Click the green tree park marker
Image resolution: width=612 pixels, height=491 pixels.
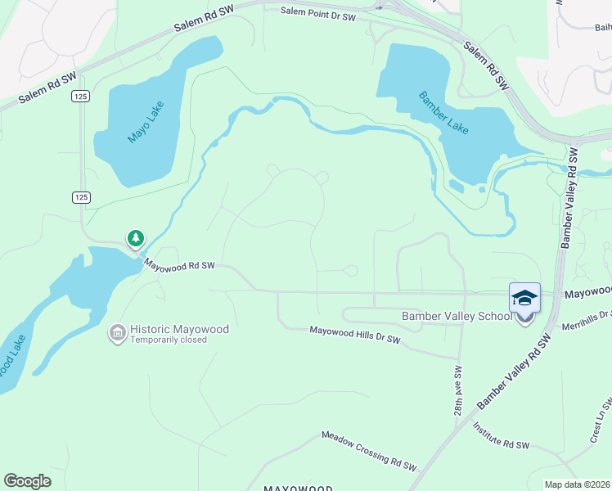[135, 238]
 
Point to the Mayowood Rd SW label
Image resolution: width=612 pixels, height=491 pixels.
[179, 265]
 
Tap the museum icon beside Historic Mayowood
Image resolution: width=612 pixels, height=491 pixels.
[118, 333]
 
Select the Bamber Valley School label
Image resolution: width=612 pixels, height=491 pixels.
[456, 317]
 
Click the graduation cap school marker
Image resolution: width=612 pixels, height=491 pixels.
[524, 298]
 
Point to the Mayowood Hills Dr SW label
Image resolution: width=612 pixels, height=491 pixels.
[354, 334]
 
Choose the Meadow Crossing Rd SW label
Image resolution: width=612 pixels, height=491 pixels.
[368, 451]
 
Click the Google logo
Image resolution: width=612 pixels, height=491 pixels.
[27, 481]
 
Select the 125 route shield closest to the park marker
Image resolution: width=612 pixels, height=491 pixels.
[80, 197]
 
